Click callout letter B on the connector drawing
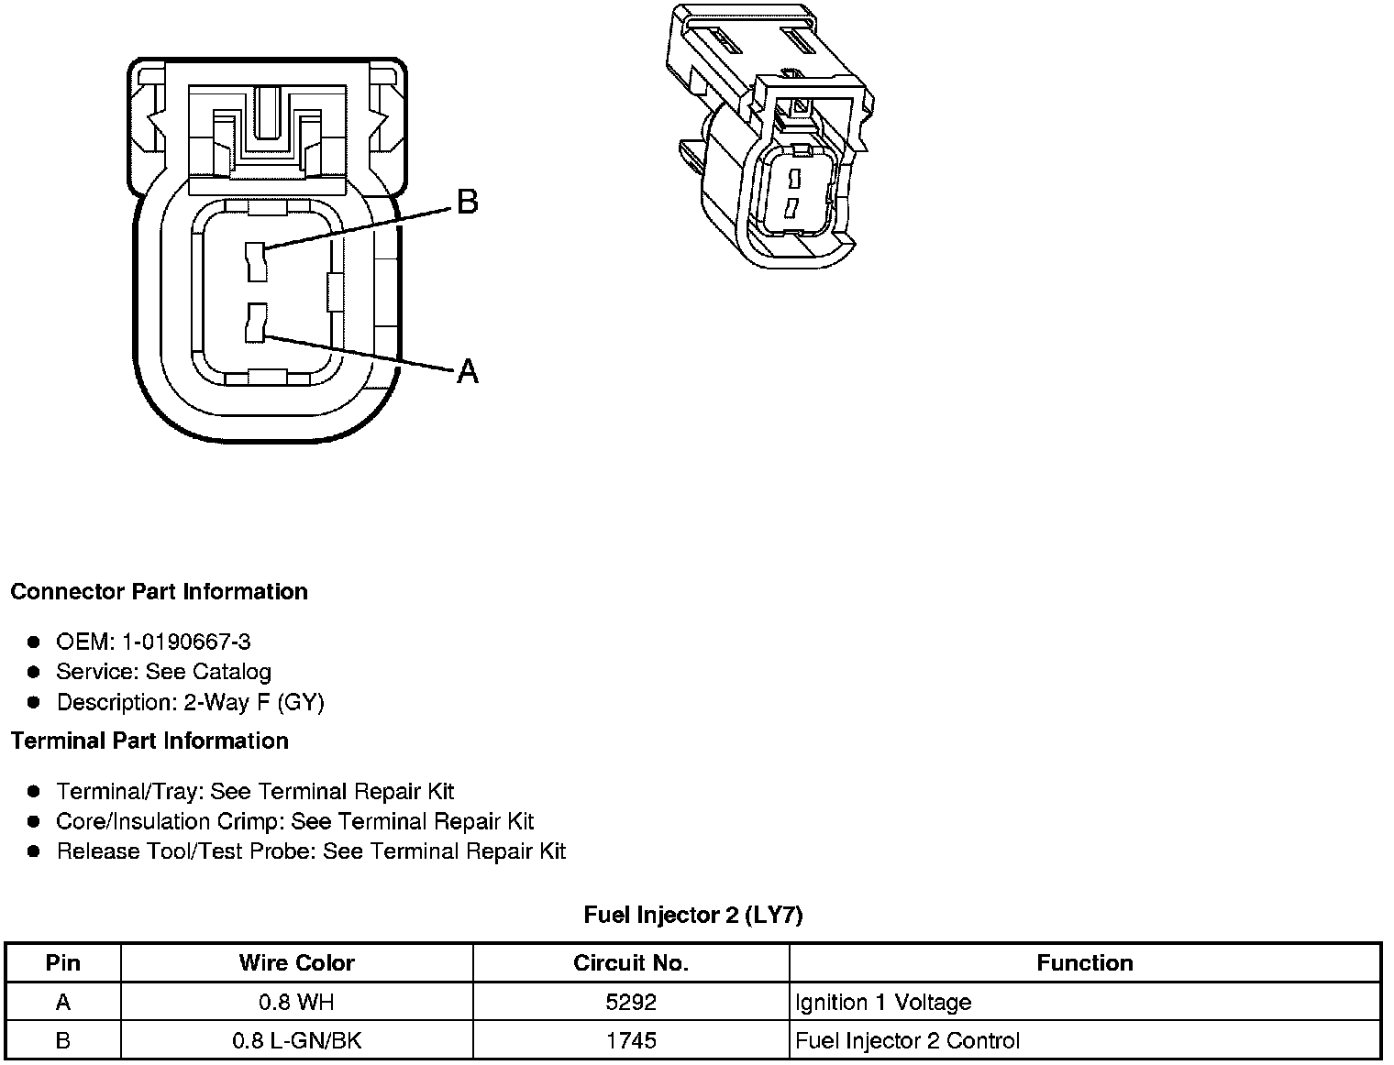pyautogui.click(x=467, y=202)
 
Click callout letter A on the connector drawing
pyautogui.click(x=468, y=371)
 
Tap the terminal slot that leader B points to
pyautogui.click(x=256, y=261)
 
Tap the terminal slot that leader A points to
pyautogui.click(x=256, y=324)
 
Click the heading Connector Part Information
pyautogui.click(x=159, y=592)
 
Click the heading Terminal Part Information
pyautogui.click(x=149, y=741)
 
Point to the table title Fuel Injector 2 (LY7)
pyautogui.click(x=693, y=915)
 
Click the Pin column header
pyautogui.click(x=63, y=963)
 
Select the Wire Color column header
pyautogui.click(x=296, y=963)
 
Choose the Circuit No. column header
pyautogui.click(x=631, y=963)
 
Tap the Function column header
pyautogui.click(x=1085, y=963)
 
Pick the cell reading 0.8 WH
pyautogui.click(x=296, y=1003)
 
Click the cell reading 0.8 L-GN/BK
pyautogui.click(x=296, y=1041)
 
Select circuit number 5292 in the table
pyautogui.click(x=631, y=1003)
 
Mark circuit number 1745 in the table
pyautogui.click(x=631, y=1041)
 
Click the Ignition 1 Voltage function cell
pyautogui.click(x=883, y=1003)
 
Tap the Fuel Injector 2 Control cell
pyautogui.click(x=907, y=1041)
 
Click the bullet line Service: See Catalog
pyautogui.click(x=163, y=672)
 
